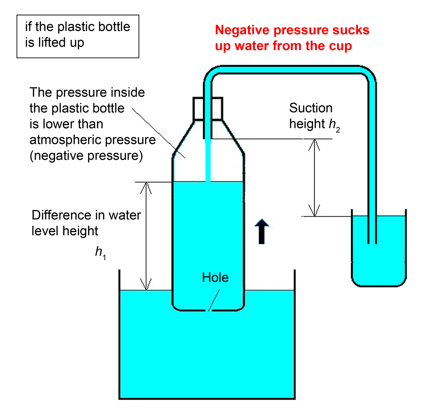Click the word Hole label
point(215,277)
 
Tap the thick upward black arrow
point(262,231)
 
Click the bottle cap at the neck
point(207,109)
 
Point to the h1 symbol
point(100,252)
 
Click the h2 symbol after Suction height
point(334,125)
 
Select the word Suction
point(311,108)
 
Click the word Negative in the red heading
point(242,30)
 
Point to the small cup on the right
point(379,263)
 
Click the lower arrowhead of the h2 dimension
point(314,211)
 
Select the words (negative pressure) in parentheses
point(86,156)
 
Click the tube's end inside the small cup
point(372,242)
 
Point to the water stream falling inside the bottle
point(208,161)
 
